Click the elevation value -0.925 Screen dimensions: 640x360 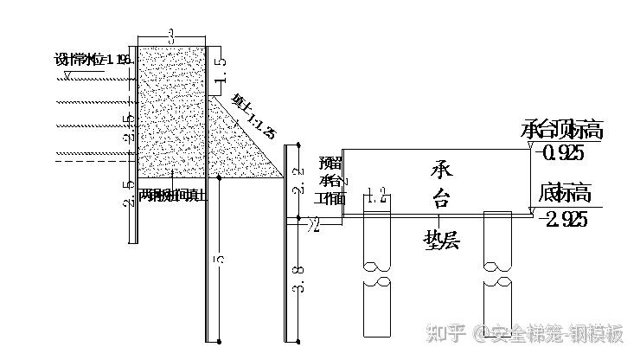[x=560, y=151]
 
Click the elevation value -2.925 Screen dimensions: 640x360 [x=563, y=218]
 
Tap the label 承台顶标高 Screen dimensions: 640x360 [x=562, y=131]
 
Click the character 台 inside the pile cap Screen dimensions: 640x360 [x=440, y=200]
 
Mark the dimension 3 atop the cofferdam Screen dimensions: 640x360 [x=171, y=36]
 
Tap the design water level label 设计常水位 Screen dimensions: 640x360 [x=92, y=59]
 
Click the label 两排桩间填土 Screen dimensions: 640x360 [x=173, y=196]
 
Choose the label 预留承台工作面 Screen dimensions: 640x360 [x=330, y=180]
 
